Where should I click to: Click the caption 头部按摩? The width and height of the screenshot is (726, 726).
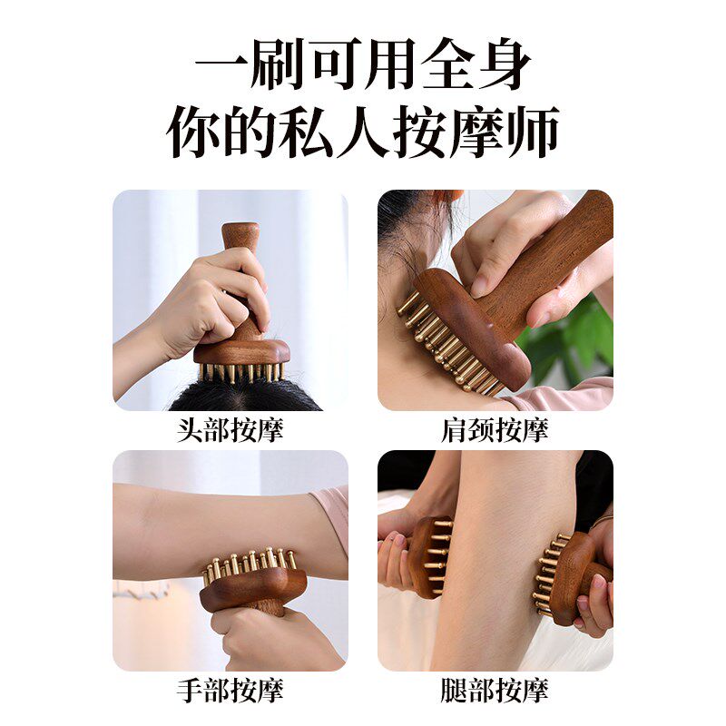230,429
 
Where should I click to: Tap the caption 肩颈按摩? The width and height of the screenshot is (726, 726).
495,429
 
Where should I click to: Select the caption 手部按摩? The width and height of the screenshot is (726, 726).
230,691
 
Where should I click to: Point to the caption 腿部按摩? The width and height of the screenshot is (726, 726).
495,691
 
